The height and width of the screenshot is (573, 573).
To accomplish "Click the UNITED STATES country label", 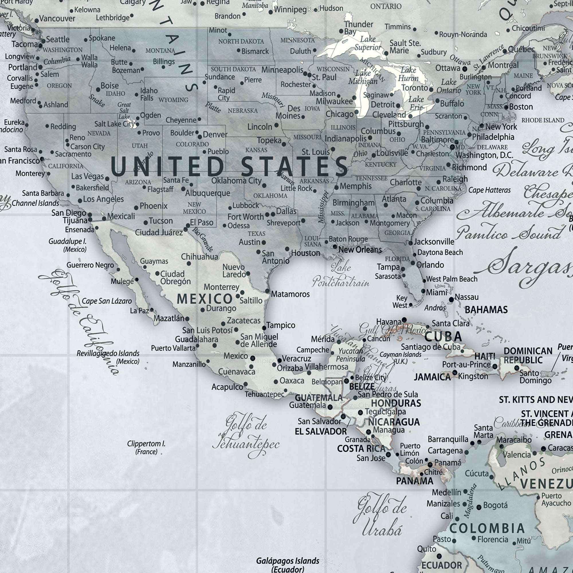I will [x=229, y=166].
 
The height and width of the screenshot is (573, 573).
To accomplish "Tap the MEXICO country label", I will [x=205, y=299].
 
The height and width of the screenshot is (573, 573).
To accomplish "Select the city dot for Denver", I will [x=200, y=137].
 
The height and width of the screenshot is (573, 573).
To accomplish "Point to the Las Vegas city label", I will [x=87, y=176].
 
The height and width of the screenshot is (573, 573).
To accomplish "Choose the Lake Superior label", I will [x=368, y=43].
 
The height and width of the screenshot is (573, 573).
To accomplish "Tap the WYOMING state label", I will [x=174, y=100].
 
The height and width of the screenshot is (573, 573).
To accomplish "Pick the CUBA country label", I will [x=443, y=337].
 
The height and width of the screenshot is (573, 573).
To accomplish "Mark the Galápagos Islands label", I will [x=288, y=561].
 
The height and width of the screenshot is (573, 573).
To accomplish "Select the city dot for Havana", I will [x=404, y=320].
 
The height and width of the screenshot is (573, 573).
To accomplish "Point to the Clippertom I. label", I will [x=146, y=447].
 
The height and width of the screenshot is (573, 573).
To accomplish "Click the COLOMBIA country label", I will [x=487, y=529].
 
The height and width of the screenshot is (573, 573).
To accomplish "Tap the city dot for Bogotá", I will [x=479, y=507].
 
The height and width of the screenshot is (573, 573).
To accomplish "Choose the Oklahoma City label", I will [x=236, y=180].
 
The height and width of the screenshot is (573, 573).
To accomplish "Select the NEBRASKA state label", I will [x=243, y=111].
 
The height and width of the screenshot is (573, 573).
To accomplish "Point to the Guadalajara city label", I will [x=196, y=339].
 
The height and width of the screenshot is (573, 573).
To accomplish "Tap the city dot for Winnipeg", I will [x=270, y=12].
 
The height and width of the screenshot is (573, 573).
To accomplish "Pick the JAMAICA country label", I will [x=432, y=377].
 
